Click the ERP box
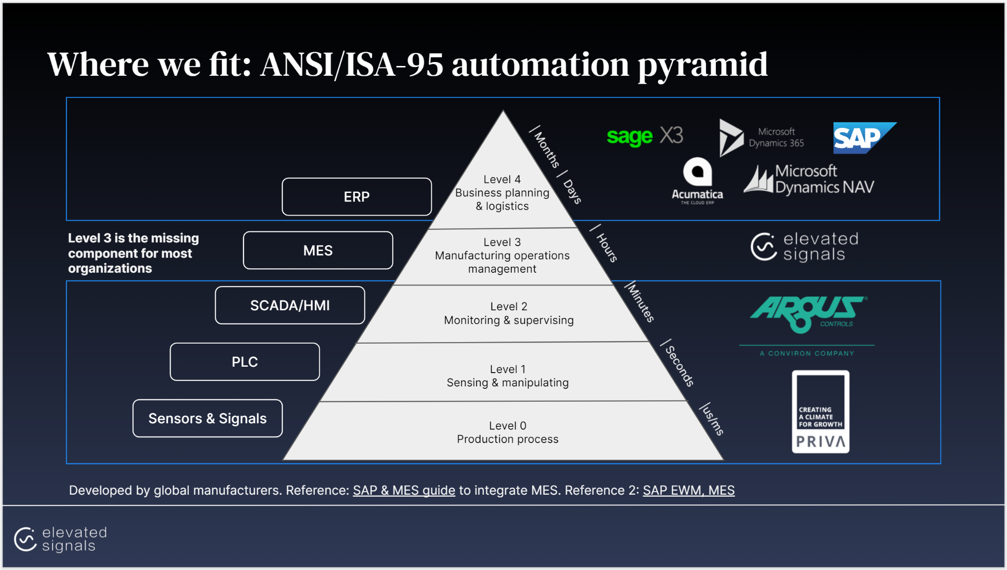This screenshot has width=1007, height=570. click(356, 197)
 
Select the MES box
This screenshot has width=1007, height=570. click(318, 251)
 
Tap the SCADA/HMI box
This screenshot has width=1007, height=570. click(290, 306)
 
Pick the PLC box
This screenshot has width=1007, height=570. click(244, 362)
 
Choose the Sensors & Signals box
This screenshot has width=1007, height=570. click(207, 418)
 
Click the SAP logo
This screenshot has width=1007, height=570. click(864, 138)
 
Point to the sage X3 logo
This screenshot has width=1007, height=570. click(645, 136)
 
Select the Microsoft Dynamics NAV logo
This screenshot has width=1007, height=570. click(809, 179)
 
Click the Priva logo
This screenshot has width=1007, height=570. click(820, 412)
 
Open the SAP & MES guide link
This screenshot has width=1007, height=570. click(404, 490)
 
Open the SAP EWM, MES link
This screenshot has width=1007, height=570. click(688, 490)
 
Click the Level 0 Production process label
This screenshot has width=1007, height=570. click(507, 432)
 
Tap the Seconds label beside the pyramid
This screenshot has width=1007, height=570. click(679, 365)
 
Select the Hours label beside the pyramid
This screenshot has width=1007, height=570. click(606, 247)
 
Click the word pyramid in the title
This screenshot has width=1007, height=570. click(703, 65)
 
